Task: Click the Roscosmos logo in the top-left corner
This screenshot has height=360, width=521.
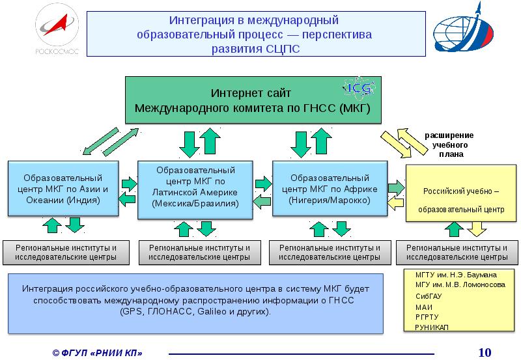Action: pyautogui.click(x=57, y=31)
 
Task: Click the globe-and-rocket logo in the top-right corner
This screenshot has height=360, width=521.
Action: pyautogui.click(x=465, y=32)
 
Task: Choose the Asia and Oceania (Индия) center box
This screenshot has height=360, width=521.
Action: pyautogui.click(x=63, y=189)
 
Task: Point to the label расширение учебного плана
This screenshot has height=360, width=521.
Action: pyautogui.click(x=449, y=145)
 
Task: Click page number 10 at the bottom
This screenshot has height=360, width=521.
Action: pyautogui.click(x=484, y=352)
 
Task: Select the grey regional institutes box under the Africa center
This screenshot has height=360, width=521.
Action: pyautogui.click(x=329, y=253)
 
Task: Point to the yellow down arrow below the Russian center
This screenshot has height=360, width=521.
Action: pyautogui.click(x=477, y=228)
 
